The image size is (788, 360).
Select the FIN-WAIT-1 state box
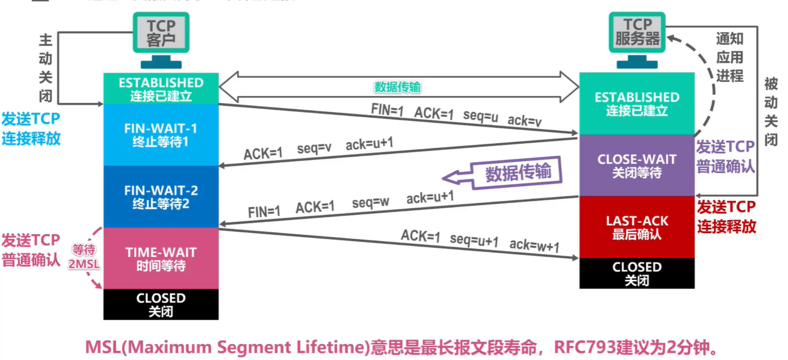[161, 134]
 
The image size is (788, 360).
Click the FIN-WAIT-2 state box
[161, 196]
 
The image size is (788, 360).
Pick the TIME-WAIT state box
[161, 258]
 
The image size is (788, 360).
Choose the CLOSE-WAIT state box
[636, 165]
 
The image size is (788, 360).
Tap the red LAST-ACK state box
[636, 227]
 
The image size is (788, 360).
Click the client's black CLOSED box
[161, 304]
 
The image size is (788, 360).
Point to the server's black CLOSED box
[636, 273]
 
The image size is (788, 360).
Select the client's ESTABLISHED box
[161, 89]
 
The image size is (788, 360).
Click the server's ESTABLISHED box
[636, 104]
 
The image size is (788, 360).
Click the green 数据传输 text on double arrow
[398, 87]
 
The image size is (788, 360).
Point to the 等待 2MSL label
[83, 258]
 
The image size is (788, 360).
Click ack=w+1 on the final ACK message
[534, 244]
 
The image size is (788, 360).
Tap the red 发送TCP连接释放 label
[727, 217]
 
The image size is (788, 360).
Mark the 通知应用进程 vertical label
[730, 57]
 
